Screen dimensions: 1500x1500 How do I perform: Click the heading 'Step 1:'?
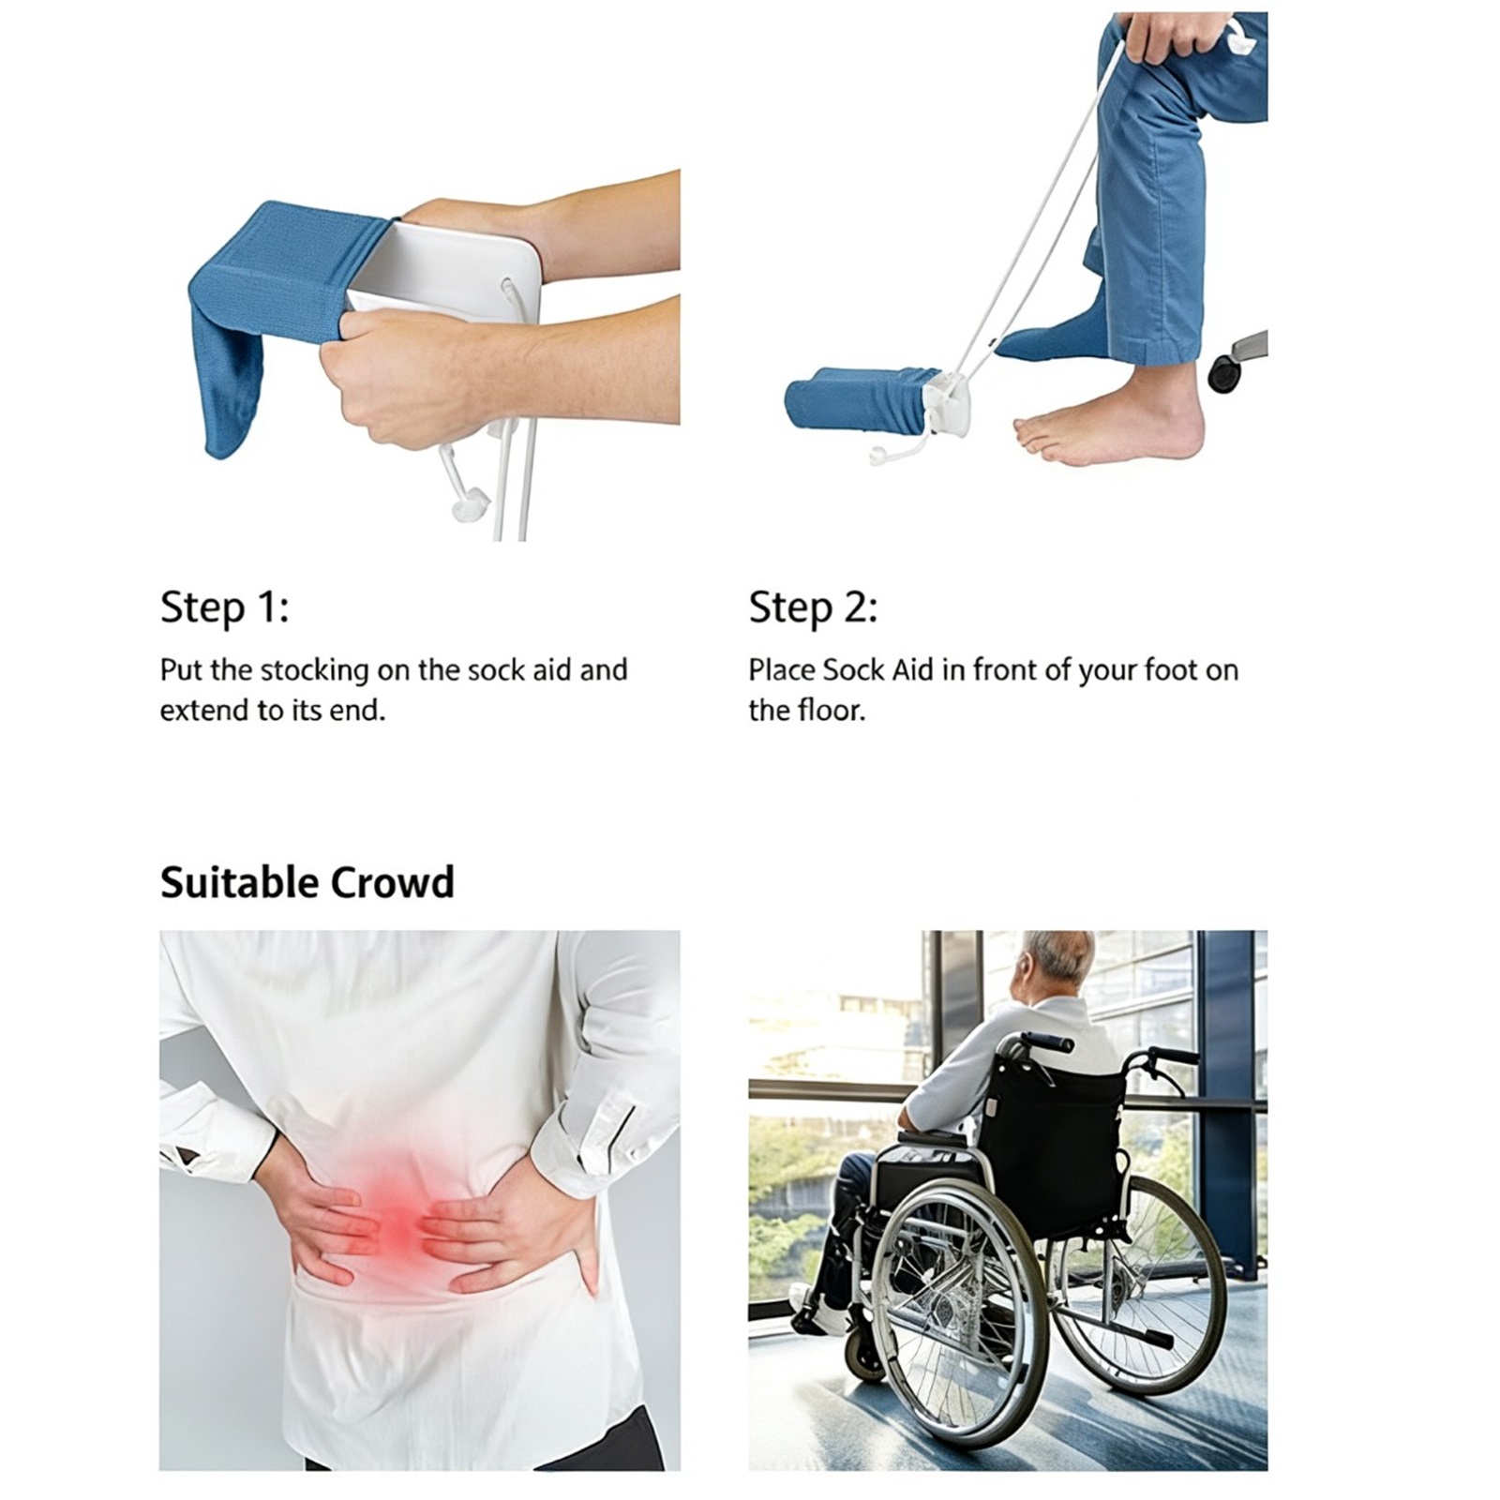225,607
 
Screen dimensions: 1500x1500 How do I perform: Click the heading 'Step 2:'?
813,607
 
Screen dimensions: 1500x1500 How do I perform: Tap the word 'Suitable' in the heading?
239,883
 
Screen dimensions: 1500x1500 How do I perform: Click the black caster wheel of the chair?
1223,372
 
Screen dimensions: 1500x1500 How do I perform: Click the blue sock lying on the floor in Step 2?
858,400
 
